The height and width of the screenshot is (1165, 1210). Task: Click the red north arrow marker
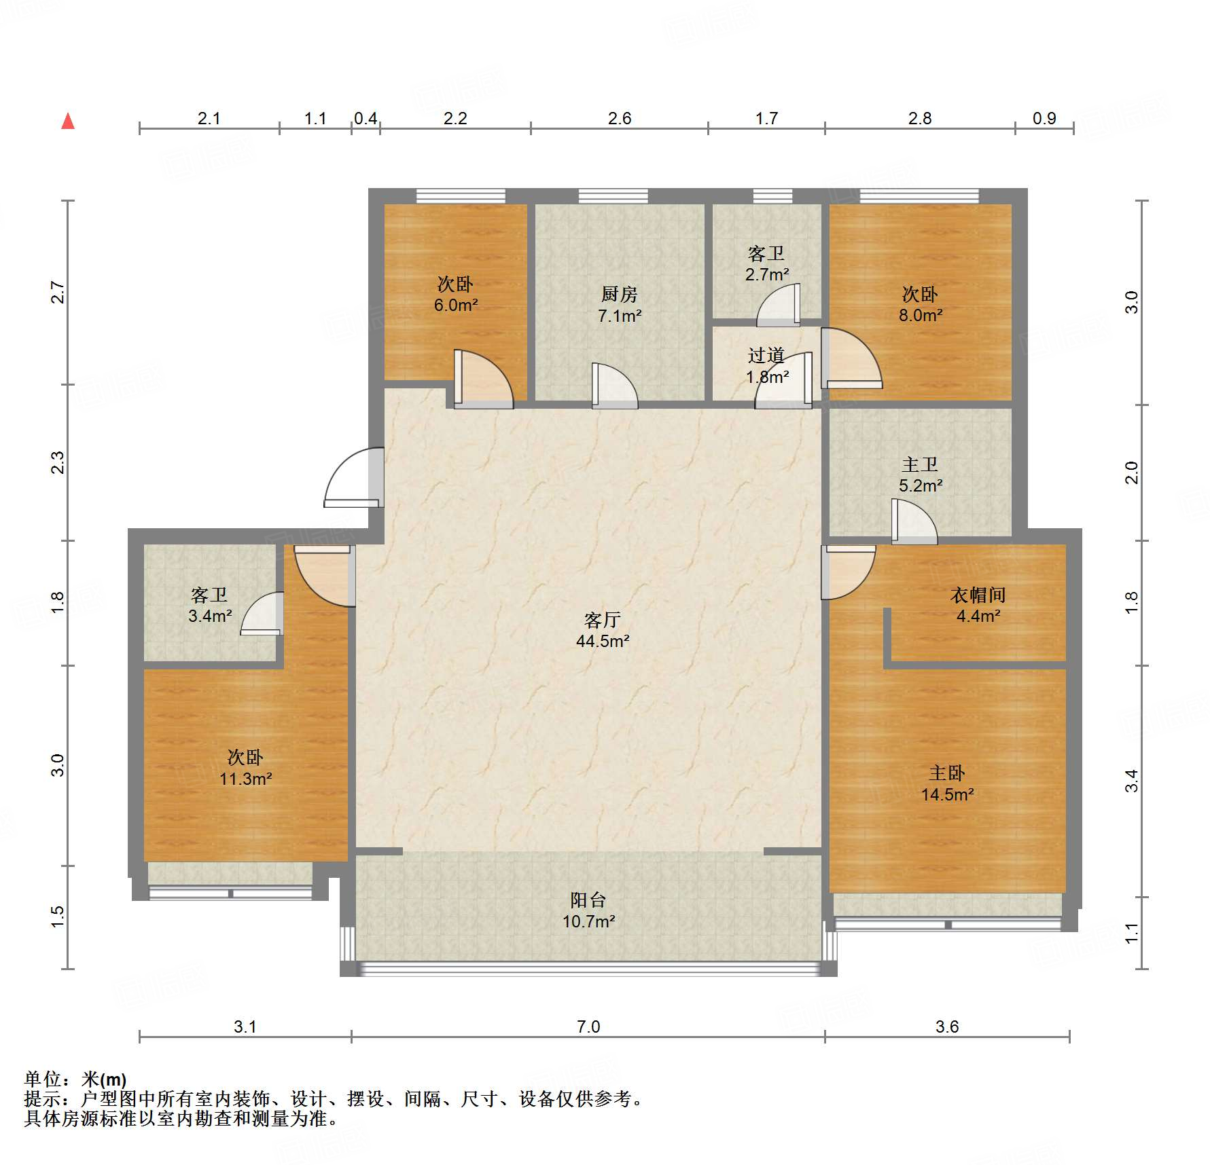click(68, 121)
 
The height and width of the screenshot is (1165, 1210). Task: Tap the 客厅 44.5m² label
click(603, 630)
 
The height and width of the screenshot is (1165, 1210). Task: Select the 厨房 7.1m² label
click(620, 305)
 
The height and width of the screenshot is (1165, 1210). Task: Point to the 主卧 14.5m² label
click(947, 783)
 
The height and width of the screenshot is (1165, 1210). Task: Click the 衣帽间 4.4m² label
click(978, 606)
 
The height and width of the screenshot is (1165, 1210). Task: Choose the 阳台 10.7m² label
click(588, 910)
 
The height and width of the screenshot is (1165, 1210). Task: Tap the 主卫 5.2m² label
click(921, 475)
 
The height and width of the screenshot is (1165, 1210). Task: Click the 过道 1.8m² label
click(767, 366)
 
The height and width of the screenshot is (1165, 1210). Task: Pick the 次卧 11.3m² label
click(245, 768)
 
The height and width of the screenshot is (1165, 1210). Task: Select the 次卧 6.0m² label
click(456, 294)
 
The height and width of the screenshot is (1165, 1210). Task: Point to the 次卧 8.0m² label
click(921, 304)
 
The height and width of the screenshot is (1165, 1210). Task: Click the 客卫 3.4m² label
click(210, 605)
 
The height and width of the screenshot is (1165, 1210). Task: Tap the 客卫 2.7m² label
click(767, 263)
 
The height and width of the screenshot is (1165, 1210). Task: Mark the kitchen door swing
click(614, 386)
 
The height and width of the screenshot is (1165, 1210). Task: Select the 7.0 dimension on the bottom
click(588, 1027)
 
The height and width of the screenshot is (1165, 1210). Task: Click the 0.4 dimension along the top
click(366, 118)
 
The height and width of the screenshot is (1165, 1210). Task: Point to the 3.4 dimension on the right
click(1131, 781)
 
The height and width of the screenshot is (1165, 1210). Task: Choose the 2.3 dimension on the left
click(58, 462)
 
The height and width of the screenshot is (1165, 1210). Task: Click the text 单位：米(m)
click(75, 1079)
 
